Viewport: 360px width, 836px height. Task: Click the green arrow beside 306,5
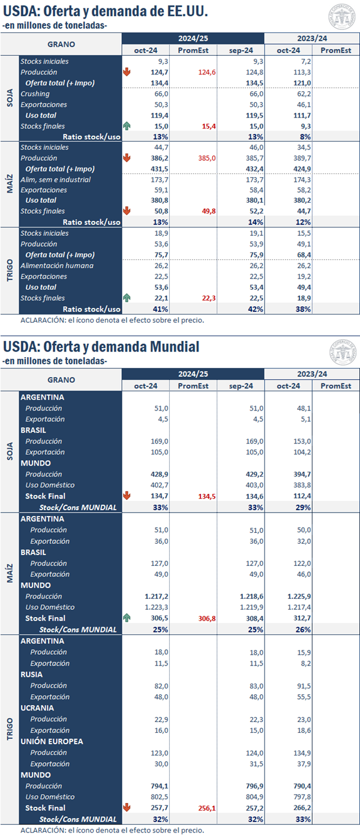tap(127, 618)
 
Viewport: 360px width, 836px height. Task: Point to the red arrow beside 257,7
tap(127, 808)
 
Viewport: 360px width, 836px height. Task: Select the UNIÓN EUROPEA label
tap(52, 741)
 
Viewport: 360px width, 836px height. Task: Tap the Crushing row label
tap(35, 94)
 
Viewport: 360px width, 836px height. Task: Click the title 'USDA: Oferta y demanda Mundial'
tap(101, 346)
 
